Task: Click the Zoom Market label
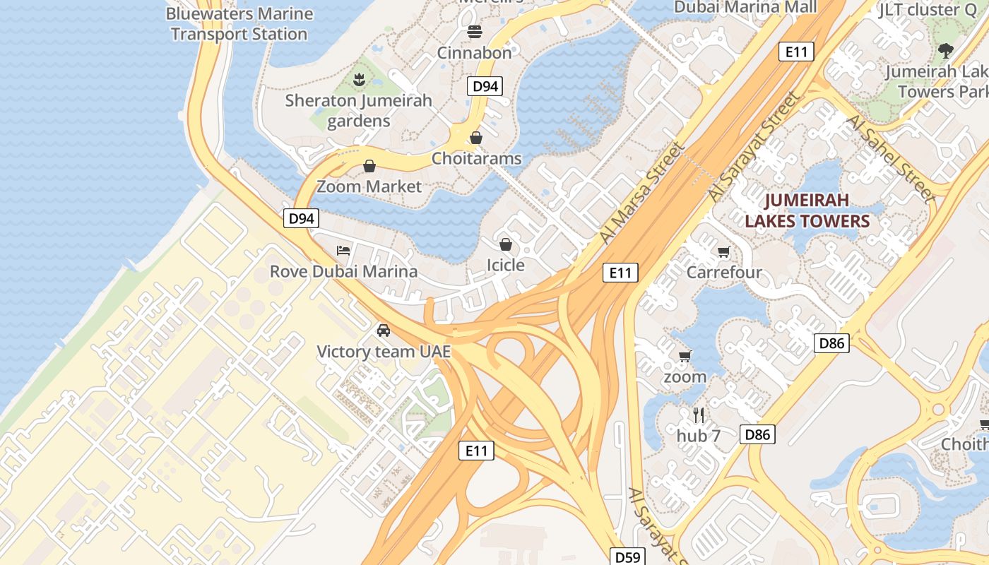click(369, 186)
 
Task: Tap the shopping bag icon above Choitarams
click(476, 138)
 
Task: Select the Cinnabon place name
click(474, 53)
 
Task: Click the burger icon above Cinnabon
click(474, 32)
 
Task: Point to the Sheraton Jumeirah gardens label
click(358, 111)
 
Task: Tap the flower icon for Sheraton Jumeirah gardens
click(359, 79)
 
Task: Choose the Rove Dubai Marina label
click(343, 271)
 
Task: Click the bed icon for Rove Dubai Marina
click(343, 251)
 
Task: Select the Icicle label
click(506, 265)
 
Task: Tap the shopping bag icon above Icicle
click(506, 244)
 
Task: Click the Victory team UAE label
click(384, 351)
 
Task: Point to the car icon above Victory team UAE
click(384, 330)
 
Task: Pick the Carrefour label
click(724, 272)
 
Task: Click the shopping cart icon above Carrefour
click(723, 251)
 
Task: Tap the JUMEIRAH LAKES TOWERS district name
click(807, 210)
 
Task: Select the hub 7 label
click(699, 436)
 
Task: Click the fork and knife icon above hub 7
click(699, 415)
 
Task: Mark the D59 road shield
click(627, 557)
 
